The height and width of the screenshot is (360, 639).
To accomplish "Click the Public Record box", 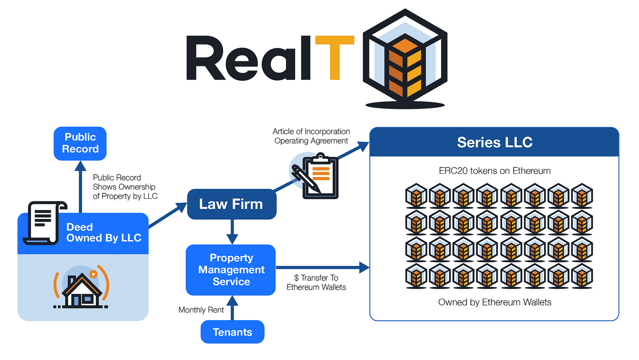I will (x=80, y=143).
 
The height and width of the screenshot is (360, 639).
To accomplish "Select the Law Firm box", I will (x=231, y=204).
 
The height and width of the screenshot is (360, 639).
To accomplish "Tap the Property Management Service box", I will (x=231, y=270).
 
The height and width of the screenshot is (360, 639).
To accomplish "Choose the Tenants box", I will (x=232, y=332).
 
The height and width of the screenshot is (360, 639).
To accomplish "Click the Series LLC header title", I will (x=495, y=142).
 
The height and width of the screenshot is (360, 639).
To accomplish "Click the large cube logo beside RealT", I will (x=405, y=58).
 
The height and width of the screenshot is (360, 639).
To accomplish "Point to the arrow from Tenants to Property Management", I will (x=232, y=308).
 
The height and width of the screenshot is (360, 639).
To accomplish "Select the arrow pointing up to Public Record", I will (x=81, y=186).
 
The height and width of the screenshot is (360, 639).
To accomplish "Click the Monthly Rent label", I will (x=201, y=310).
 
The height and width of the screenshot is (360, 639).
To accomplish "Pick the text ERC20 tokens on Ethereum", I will (x=495, y=171).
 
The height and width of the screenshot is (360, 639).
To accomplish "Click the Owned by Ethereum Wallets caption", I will (x=495, y=302).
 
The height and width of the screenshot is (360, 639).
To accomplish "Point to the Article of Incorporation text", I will (x=311, y=131).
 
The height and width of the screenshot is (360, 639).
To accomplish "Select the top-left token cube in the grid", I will (x=416, y=195).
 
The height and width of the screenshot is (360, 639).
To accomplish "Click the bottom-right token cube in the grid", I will (x=582, y=276).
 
